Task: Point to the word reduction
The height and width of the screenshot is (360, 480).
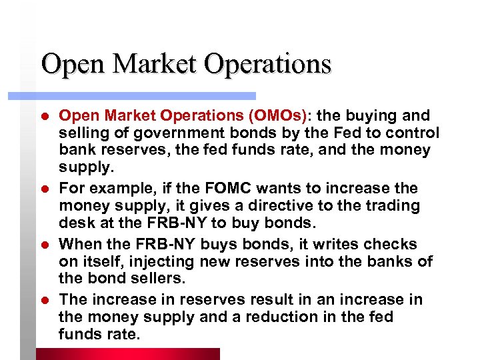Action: coord(287,317)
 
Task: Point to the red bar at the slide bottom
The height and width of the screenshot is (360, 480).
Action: coord(127,353)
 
